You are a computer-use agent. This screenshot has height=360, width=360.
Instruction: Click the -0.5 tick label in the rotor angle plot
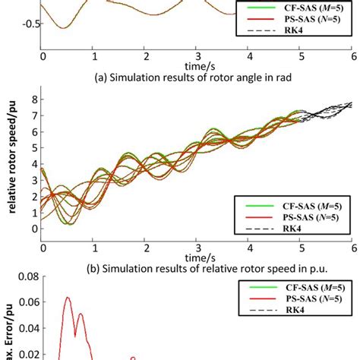click(x=30, y=24)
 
